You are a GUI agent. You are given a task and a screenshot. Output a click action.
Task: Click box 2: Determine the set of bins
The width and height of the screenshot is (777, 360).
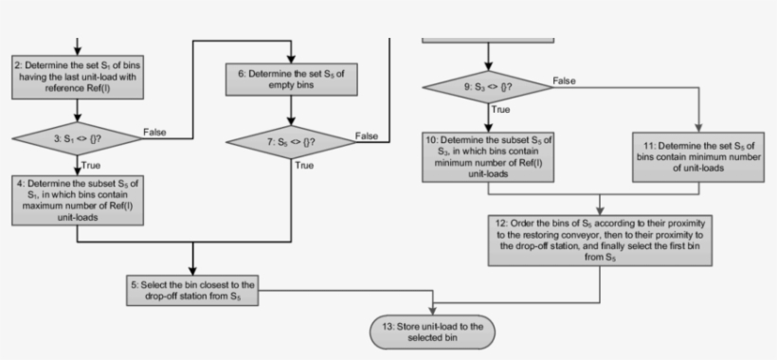77,76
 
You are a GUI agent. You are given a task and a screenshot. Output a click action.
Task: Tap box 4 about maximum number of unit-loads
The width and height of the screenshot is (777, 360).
77,198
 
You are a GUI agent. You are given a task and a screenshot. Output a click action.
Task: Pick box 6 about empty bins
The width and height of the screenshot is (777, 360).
289,81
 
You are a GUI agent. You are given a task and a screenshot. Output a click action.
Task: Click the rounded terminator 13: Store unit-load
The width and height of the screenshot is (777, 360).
432,331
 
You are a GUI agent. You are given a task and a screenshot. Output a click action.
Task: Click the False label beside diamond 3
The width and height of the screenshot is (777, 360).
155,132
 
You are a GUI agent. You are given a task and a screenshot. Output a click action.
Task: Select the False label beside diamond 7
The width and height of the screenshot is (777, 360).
366,135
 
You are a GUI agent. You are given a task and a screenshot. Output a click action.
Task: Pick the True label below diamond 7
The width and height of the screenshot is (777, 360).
304,166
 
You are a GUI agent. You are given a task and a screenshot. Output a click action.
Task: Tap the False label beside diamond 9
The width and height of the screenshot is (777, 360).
565,81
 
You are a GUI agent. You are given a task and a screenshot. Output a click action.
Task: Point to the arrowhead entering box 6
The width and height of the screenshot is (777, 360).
289,59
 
